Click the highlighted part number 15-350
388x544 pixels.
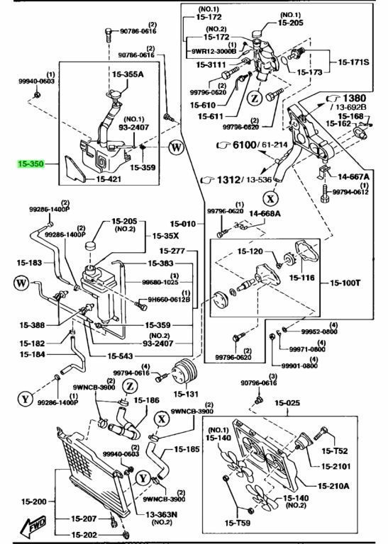[x=32, y=163]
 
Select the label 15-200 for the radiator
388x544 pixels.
[x=33, y=499]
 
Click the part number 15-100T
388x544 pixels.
[x=346, y=283]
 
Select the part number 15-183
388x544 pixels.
[x=33, y=263]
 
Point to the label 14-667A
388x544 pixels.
[x=353, y=178]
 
